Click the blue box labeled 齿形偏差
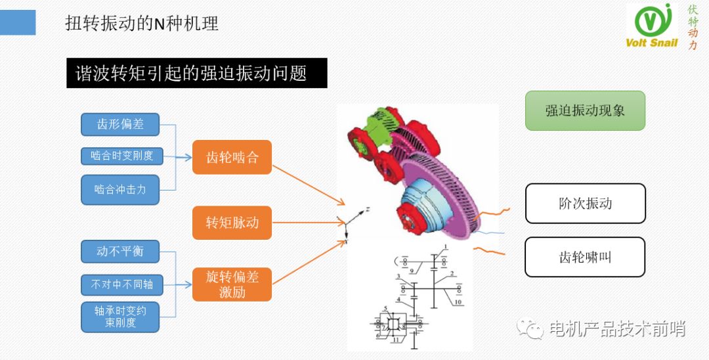[x=120, y=124]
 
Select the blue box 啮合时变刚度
[x=121, y=156]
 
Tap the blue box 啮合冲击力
[x=120, y=190]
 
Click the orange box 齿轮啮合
[x=232, y=157]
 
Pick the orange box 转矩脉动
[x=232, y=222]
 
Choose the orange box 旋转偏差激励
[x=232, y=284]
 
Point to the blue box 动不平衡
[x=120, y=252]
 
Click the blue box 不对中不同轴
[x=121, y=284]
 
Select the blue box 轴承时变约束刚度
[x=120, y=317]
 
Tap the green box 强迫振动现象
[x=585, y=110]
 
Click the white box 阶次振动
[x=585, y=203]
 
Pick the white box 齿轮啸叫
[x=585, y=257]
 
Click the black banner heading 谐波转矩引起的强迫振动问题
[x=196, y=73]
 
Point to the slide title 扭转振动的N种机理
[x=142, y=24]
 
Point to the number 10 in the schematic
[x=458, y=303]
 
